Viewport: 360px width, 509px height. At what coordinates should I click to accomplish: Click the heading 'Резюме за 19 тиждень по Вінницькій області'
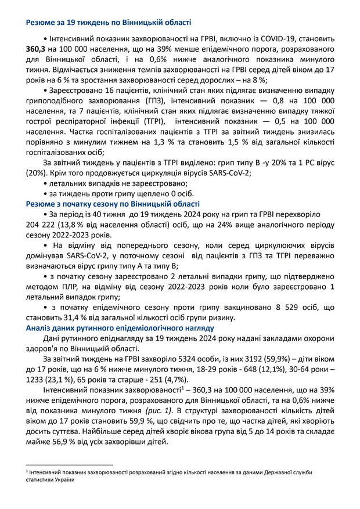(x=108, y=23)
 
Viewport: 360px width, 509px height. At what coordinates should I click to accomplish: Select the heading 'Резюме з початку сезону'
(x=113, y=204)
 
